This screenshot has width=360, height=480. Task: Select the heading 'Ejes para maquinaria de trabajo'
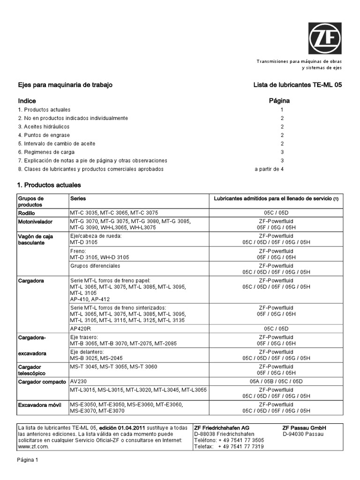tap(65, 85)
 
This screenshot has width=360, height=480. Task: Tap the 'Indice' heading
tap(27, 101)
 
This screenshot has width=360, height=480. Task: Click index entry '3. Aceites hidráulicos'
tap(44, 127)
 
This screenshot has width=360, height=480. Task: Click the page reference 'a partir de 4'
tap(269, 169)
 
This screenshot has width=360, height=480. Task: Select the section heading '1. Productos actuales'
tap(49, 185)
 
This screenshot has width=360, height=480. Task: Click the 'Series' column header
tap(78, 199)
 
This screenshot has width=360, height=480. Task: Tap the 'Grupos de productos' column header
tap(31, 202)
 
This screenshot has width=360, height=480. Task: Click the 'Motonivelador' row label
tap(36, 221)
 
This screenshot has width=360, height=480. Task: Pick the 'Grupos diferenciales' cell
tap(95, 266)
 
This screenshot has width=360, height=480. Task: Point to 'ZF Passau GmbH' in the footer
tap(304, 428)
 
